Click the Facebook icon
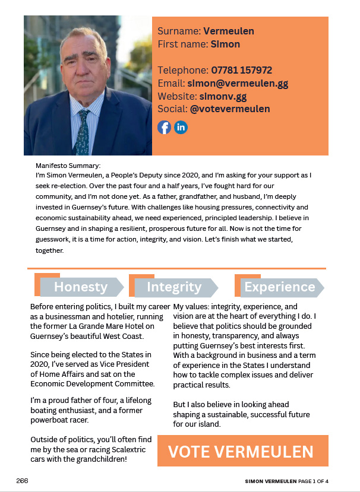(x=164, y=127)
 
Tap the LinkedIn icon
(x=181, y=127)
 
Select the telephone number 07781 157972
(x=241, y=70)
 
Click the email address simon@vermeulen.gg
(x=238, y=83)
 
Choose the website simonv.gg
(x=223, y=96)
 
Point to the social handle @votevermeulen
(x=230, y=109)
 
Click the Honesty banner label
(x=81, y=287)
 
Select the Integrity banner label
(x=174, y=287)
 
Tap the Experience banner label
(x=279, y=287)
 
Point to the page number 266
(x=22, y=480)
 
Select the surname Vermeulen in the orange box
(x=229, y=31)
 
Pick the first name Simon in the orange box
(x=225, y=44)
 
